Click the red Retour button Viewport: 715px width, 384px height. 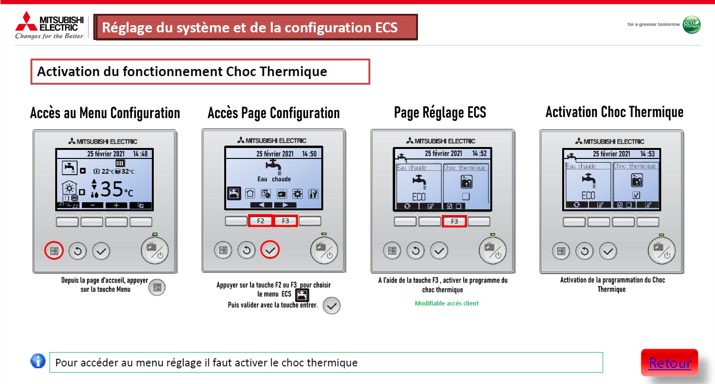click(x=669, y=363)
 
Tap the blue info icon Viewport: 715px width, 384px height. click(x=38, y=361)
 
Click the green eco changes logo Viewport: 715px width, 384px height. click(x=691, y=25)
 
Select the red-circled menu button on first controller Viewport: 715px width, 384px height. click(x=54, y=251)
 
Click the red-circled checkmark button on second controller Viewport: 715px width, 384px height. click(x=270, y=250)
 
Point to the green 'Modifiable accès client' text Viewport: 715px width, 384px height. click(x=447, y=303)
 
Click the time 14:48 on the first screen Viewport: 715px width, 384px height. click(x=140, y=154)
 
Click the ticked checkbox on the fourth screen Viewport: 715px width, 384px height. click(x=636, y=195)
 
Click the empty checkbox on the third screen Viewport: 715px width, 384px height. click(x=466, y=196)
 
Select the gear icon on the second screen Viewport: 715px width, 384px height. click(x=298, y=194)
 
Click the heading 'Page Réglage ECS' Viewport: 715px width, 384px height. click(x=440, y=113)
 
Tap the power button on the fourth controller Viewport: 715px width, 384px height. click(x=662, y=251)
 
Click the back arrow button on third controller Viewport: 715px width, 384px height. click(x=416, y=251)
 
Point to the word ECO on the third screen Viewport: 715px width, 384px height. click(x=419, y=197)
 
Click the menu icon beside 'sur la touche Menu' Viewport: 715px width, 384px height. click(x=157, y=288)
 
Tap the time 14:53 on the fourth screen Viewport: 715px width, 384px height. click(x=647, y=154)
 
